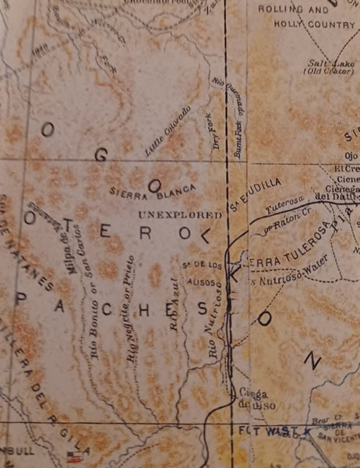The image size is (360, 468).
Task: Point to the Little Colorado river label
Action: (168, 129)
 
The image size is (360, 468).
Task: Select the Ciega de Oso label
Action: (249, 398)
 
